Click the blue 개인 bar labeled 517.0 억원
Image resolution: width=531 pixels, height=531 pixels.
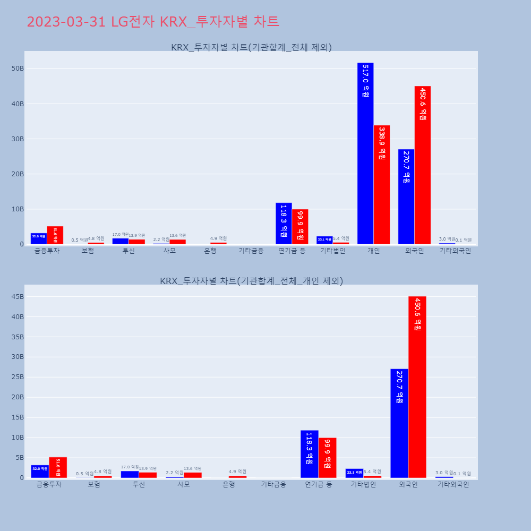pos(365,153)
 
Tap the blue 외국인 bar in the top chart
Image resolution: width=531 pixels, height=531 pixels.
pos(406,196)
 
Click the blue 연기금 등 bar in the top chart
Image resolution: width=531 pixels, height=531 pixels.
pos(284,223)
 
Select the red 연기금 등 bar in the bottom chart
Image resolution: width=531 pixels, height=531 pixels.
pos(327,458)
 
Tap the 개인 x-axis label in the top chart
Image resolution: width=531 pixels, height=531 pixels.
pos(373,251)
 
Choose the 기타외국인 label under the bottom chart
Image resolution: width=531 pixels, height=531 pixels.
pos(453,484)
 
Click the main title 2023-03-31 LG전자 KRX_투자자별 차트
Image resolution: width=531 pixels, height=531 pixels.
pos(153,22)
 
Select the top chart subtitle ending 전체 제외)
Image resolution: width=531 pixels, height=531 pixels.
pos(251,47)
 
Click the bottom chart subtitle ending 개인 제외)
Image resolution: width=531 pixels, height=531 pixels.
pos(251,281)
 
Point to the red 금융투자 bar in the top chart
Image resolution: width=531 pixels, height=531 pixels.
pos(55,235)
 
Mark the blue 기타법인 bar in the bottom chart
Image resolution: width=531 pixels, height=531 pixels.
pos(354,473)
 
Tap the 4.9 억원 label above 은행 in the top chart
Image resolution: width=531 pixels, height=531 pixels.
pos(218,238)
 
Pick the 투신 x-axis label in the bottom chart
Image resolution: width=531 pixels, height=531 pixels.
pos(139,484)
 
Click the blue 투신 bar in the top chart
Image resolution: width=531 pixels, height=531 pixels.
pos(121,241)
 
